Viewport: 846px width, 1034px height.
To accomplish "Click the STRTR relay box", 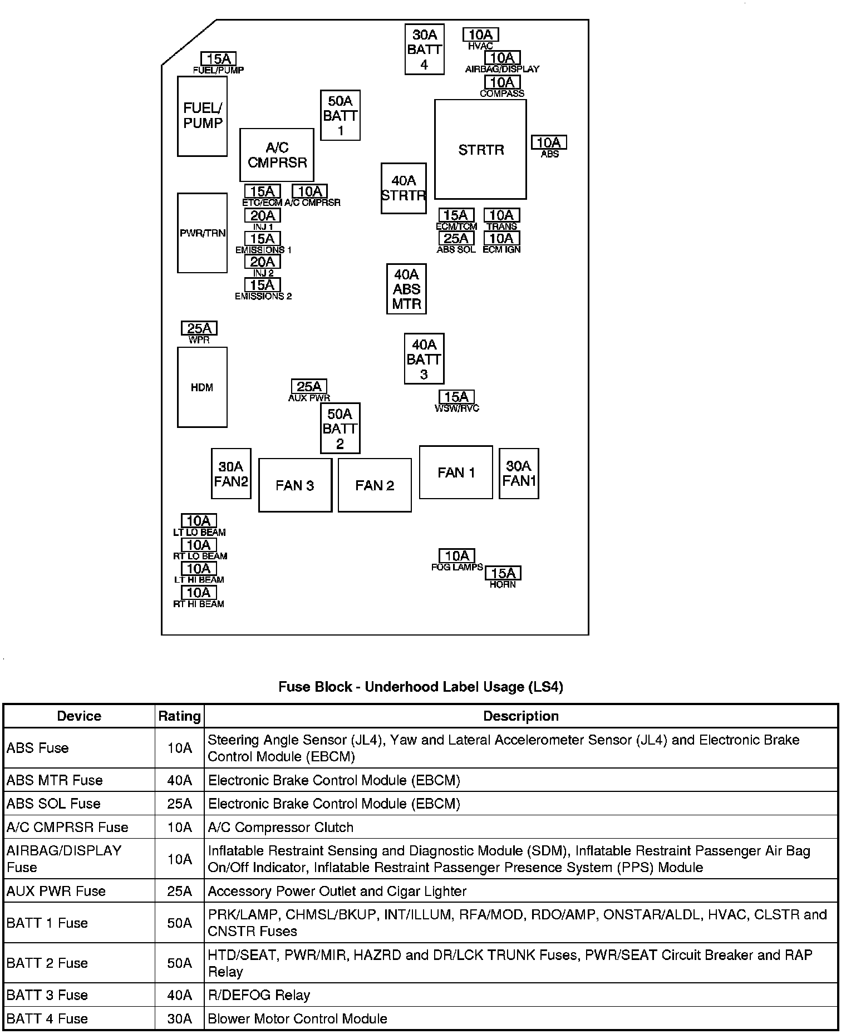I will tap(480, 149).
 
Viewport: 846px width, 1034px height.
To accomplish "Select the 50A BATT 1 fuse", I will tap(340, 115).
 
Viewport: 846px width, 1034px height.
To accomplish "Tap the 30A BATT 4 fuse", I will tap(424, 49).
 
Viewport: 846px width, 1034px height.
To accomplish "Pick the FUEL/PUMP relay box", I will tap(202, 116).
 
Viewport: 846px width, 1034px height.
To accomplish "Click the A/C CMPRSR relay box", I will tap(277, 155).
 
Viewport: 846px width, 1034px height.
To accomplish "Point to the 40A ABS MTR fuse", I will tap(406, 289).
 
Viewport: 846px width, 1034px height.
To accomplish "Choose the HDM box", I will tap(202, 387).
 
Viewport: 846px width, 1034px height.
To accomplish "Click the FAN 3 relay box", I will tap(295, 485).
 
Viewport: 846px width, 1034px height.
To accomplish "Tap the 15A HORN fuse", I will tap(503, 573).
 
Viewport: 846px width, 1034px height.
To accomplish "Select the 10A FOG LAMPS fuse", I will tap(457, 555).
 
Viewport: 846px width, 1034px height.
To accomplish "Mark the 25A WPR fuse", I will tap(199, 328).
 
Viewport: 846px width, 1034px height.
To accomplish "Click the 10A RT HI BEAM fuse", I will tap(199, 593).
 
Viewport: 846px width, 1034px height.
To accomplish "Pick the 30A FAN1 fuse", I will tap(519, 473).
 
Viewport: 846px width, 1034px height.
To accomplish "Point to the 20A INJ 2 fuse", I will tap(262, 262).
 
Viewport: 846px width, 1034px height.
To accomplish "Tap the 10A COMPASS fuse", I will tap(502, 82).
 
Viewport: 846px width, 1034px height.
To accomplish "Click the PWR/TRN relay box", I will tap(202, 233).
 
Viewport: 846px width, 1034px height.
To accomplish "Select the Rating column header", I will tap(179, 716).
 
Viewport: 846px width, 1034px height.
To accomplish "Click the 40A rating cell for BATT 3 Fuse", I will tap(179, 994).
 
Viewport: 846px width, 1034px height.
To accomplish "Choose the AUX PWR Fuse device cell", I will tap(56, 891).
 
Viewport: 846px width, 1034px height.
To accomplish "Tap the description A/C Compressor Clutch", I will tap(281, 827).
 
